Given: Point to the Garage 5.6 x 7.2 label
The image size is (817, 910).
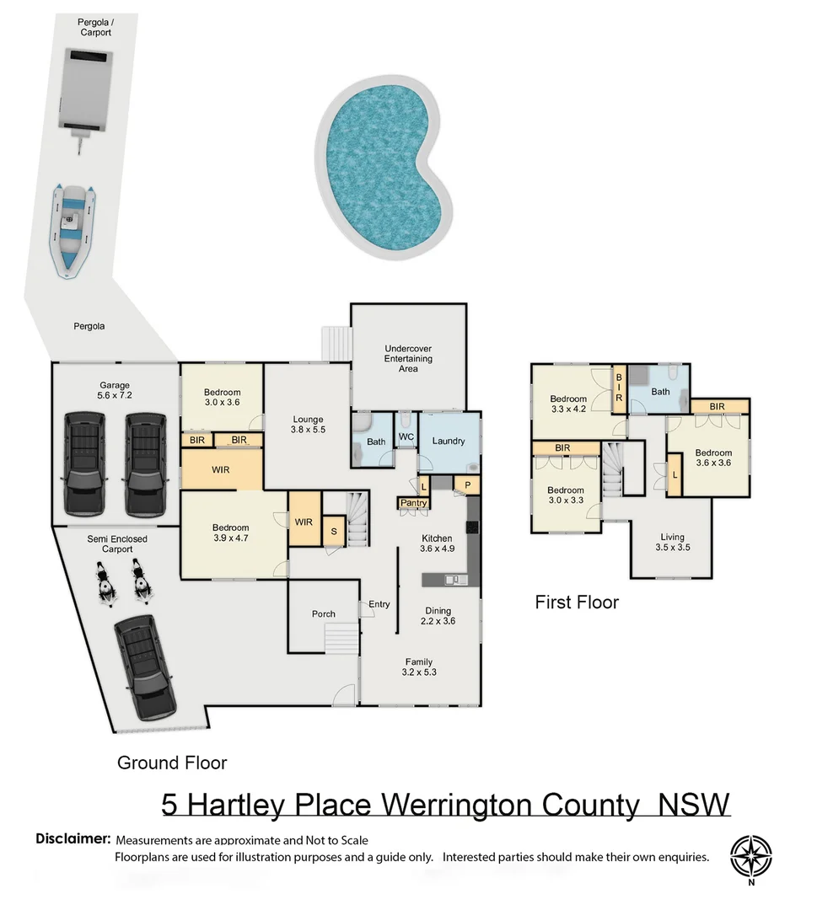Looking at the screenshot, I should pyautogui.click(x=115, y=390).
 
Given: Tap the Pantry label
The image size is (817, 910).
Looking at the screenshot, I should pyautogui.click(x=414, y=503).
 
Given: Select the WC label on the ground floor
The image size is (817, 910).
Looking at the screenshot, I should pyautogui.click(x=406, y=437).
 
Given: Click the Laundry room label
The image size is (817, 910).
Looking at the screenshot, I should pyautogui.click(x=448, y=441).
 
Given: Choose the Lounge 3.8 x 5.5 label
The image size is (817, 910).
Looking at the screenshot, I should pyautogui.click(x=308, y=425).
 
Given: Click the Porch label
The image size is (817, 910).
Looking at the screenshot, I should pyautogui.click(x=323, y=614).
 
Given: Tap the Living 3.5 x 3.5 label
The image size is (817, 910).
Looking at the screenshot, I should pyautogui.click(x=672, y=542).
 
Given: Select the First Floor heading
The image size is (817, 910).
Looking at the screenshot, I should pyautogui.click(x=577, y=602).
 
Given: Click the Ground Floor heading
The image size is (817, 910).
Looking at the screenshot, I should pyautogui.click(x=172, y=763).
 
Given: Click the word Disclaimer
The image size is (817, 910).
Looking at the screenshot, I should pyautogui.click(x=73, y=839).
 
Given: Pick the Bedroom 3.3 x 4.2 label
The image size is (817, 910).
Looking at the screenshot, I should pyautogui.click(x=568, y=404).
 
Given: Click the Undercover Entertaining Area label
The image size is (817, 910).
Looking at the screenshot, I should pyautogui.click(x=408, y=358).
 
